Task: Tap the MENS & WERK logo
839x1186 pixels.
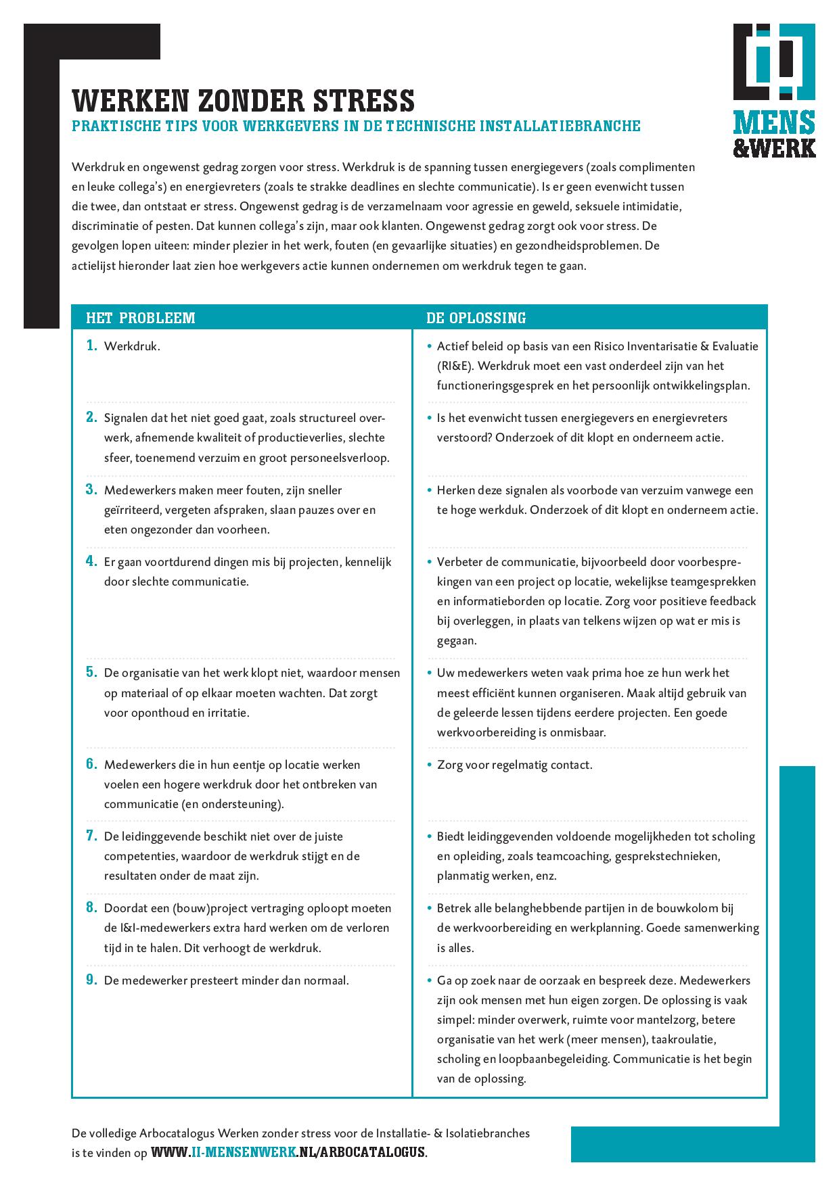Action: [x=774, y=91]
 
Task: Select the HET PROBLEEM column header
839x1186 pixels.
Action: [x=141, y=318]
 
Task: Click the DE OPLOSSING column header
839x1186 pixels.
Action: [x=476, y=318]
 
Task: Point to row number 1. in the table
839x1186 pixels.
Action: [x=91, y=346]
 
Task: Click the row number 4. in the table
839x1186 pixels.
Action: [x=91, y=561]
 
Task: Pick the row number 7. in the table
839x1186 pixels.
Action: [x=91, y=836]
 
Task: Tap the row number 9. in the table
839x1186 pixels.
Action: [x=91, y=980]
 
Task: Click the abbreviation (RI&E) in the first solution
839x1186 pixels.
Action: [x=455, y=366]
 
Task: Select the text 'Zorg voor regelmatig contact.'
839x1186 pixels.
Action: [x=514, y=765]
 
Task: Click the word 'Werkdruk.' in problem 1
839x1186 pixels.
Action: [x=132, y=346]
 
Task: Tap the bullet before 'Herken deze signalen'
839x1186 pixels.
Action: [x=429, y=490]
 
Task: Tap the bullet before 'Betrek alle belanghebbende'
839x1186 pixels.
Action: [x=429, y=908]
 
